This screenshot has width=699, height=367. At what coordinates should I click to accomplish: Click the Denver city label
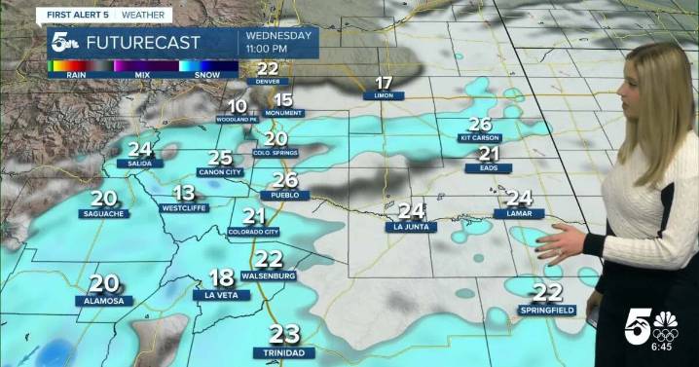268,82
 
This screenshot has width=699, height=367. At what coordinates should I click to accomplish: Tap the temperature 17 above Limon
384,83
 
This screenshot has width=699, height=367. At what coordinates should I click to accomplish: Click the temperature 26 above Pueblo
284,180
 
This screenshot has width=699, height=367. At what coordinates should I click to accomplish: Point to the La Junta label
411,227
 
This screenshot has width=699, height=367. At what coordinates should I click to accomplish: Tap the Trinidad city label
284,351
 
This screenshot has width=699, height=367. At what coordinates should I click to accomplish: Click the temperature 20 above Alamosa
103,284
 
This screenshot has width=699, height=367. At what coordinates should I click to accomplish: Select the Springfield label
546,310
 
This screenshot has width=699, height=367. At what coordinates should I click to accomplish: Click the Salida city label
139,164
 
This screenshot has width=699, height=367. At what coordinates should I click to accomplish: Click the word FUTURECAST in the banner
143,43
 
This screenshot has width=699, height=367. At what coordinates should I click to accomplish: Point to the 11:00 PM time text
267,49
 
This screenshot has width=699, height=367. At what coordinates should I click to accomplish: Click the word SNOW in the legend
207,74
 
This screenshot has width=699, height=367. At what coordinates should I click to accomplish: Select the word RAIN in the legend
77,74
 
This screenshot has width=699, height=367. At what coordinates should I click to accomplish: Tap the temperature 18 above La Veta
221,278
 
